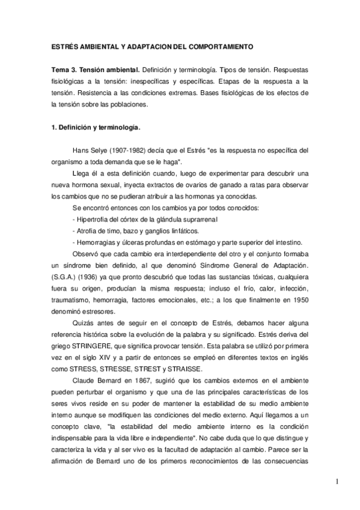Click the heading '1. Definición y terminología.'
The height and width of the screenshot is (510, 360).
[95, 127]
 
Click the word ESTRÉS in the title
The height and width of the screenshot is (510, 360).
[64, 46]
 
